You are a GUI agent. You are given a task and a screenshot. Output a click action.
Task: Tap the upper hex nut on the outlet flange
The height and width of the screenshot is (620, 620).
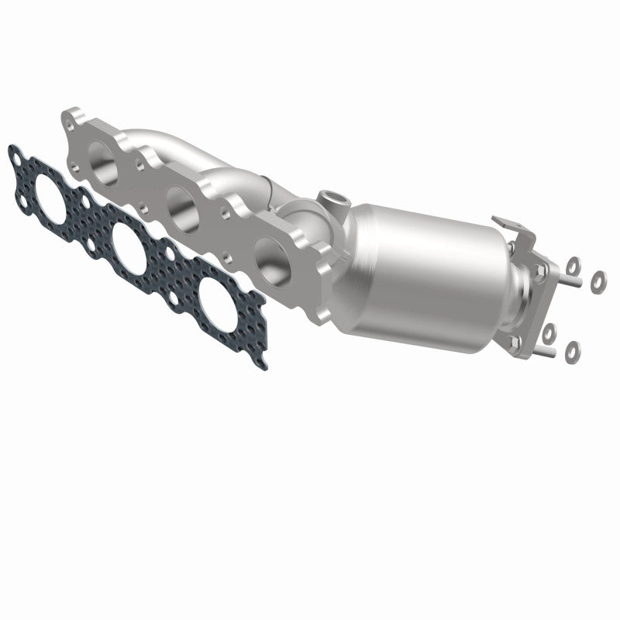(537, 270)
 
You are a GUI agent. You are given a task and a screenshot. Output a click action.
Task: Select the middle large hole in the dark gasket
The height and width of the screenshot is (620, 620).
(127, 247)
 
